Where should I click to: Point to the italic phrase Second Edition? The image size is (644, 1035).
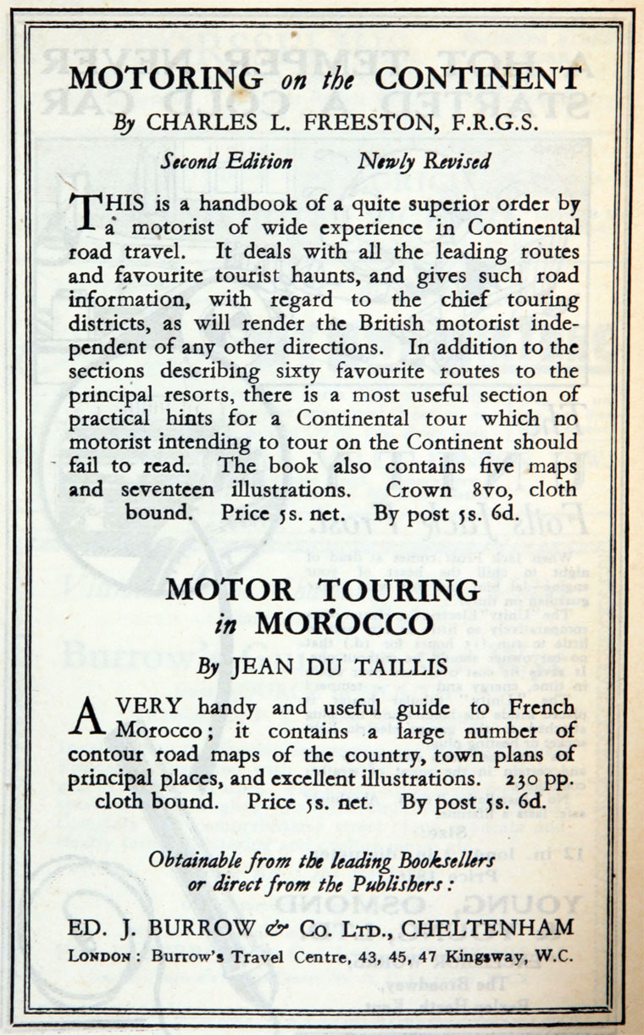pyautogui.click(x=227, y=161)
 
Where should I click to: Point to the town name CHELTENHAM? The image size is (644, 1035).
pyautogui.click(x=486, y=927)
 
